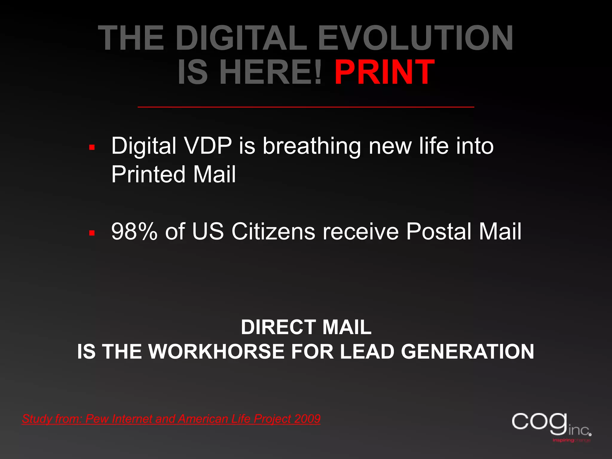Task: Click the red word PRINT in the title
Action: (384, 72)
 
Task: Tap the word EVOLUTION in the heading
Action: (415, 38)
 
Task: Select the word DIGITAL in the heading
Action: (241, 38)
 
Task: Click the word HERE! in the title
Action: (271, 72)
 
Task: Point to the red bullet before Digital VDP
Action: (92, 147)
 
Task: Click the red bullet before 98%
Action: (92, 233)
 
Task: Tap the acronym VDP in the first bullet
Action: (208, 146)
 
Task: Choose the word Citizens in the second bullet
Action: (273, 232)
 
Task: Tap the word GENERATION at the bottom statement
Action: (467, 351)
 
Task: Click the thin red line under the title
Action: (306, 107)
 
